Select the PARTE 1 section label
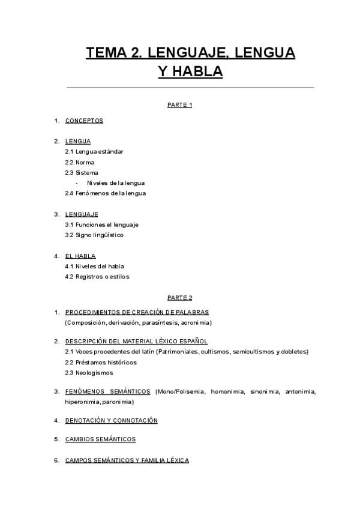[x=179, y=105]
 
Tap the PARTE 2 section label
[x=179, y=297]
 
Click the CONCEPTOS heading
[x=84, y=121]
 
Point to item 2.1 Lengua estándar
[x=94, y=152]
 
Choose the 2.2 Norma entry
[x=80, y=162]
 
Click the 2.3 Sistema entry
[x=82, y=173]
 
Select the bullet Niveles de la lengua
[x=116, y=183]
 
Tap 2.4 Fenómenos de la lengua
[x=106, y=193]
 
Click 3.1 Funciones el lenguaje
[x=102, y=224]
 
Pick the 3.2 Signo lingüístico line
[x=94, y=235]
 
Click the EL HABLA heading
[x=80, y=256]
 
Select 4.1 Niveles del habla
[x=95, y=266]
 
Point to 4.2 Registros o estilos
[x=97, y=277]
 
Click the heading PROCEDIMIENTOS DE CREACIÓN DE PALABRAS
[x=137, y=312]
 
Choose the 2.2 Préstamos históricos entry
[x=101, y=363]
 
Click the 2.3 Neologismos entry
[x=89, y=373]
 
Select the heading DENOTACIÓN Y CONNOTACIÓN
[x=111, y=420]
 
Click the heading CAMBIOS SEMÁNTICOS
[x=100, y=439]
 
